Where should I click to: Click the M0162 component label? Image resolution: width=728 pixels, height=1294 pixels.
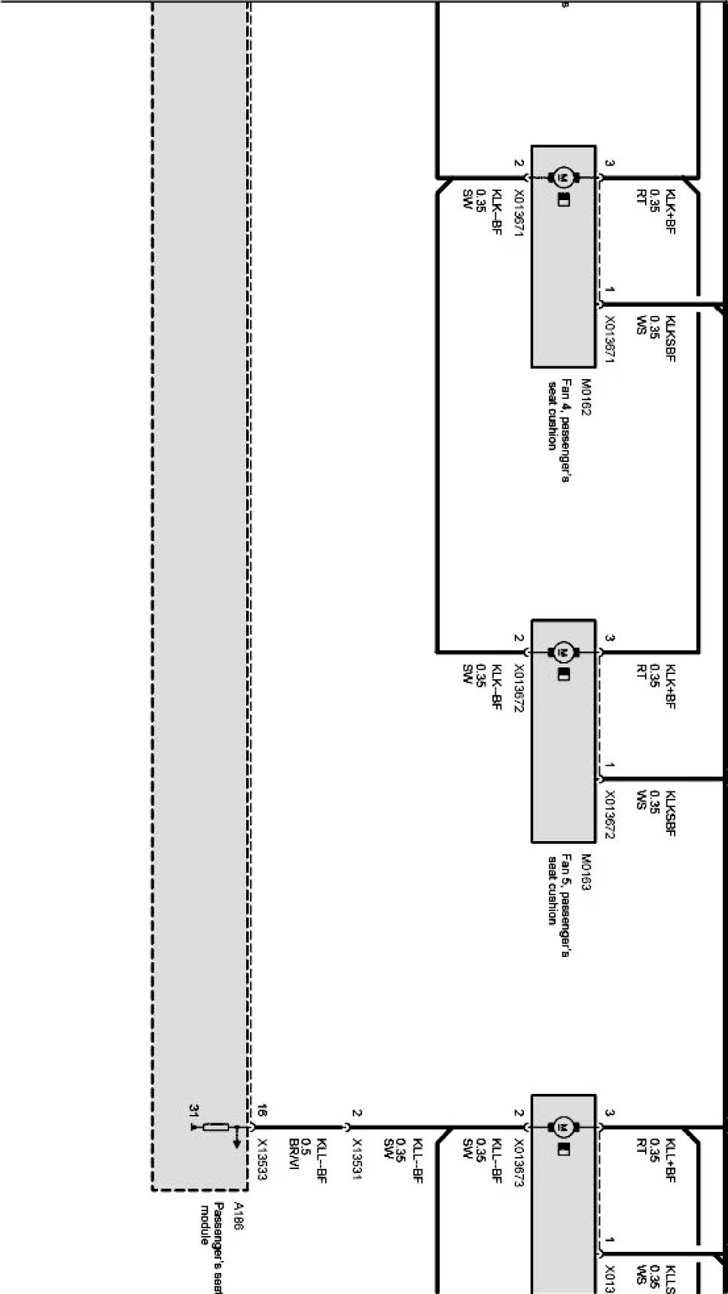pos(585,397)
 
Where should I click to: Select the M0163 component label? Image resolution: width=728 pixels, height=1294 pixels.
pos(585,872)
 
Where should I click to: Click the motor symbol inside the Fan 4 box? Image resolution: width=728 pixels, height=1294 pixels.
pos(563,178)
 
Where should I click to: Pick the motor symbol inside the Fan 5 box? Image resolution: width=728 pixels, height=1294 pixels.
pos(563,652)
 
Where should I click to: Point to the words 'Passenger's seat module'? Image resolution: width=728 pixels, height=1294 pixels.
pos(212,1249)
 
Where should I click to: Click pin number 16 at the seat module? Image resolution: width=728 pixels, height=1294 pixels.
pos(262,1110)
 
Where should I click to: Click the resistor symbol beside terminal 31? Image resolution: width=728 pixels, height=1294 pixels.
pos(216,1126)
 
